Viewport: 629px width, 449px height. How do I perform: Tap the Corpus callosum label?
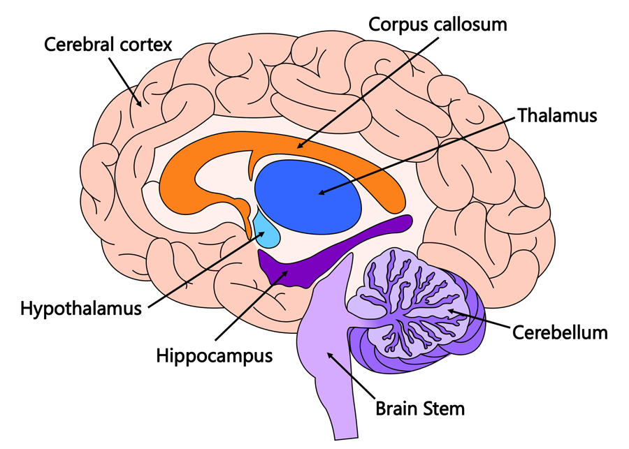tap(438, 25)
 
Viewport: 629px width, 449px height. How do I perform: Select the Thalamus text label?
tap(557, 115)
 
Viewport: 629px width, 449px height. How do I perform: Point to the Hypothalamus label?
tap(81, 307)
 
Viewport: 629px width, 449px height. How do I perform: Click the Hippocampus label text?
tap(214, 355)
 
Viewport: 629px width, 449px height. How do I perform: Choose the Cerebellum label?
tap(560, 332)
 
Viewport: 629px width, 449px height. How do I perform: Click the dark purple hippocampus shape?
tap(294, 269)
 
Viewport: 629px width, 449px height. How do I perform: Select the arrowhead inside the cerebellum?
tap(451, 311)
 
